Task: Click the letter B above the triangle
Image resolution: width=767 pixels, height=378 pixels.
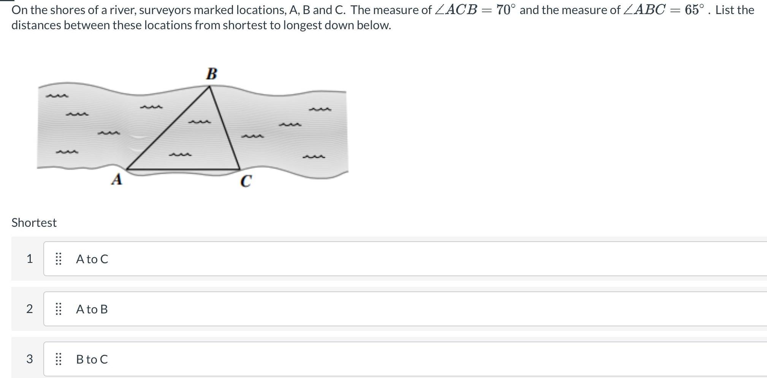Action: [212, 74]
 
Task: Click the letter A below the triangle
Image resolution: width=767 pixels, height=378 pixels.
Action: [117, 179]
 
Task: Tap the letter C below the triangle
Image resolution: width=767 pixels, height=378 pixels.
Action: [246, 181]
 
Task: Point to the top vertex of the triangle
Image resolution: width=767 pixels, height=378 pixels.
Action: [209, 87]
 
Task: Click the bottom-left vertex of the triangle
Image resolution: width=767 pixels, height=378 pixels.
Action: [127, 169]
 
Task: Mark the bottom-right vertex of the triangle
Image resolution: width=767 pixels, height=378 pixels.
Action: [240, 169]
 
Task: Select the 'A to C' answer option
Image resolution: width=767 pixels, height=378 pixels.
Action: [92, 259]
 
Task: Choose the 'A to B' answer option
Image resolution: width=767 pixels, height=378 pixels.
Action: [92, 309]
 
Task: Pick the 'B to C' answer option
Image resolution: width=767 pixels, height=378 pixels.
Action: [92, 359]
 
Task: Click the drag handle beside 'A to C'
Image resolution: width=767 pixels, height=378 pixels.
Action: [59, 259]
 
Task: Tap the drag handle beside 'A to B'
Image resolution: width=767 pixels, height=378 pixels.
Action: [59, 309]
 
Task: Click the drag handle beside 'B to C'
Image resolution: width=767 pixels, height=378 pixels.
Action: [59, 359]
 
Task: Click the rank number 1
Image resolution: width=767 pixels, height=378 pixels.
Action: [29, 259]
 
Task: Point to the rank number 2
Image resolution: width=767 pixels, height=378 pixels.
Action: [29, 309]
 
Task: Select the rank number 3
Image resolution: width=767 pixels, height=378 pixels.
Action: [29, 359]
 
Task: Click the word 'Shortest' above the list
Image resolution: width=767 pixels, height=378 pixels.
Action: [34, 223]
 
